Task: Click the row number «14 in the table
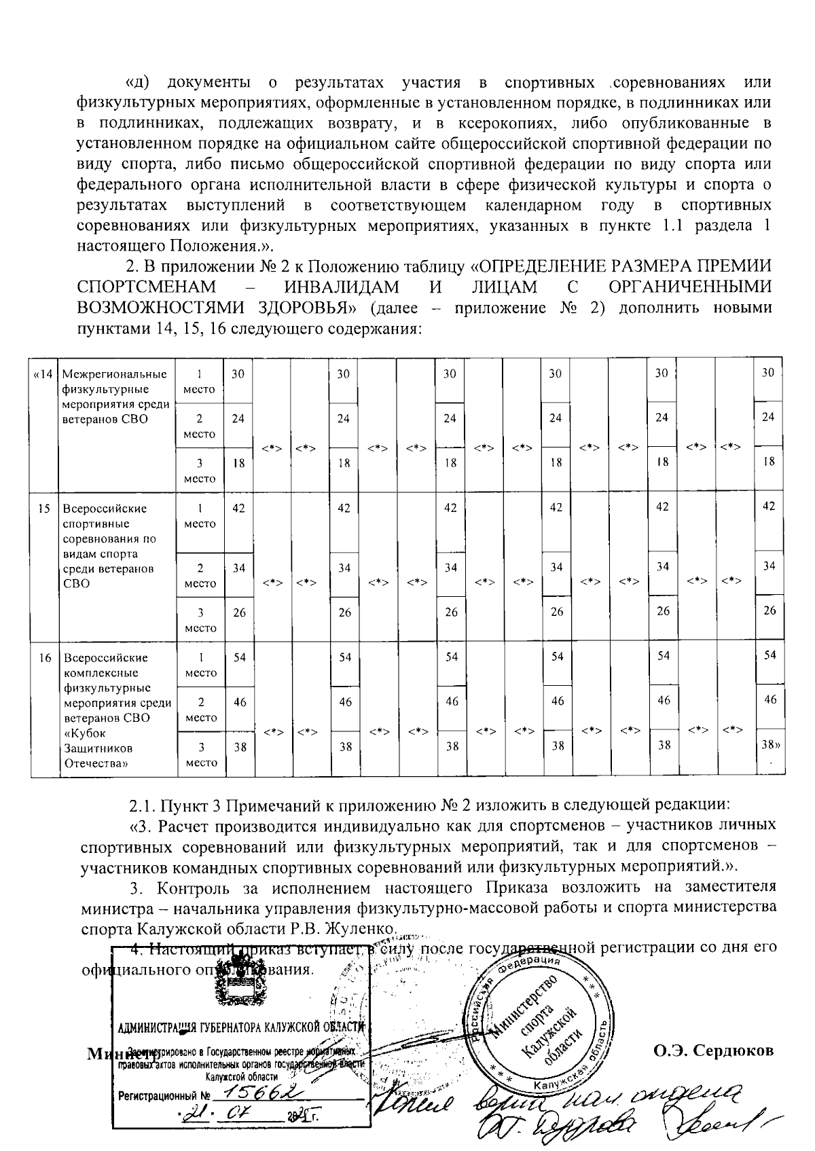43,374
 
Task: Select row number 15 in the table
44,508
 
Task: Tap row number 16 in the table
44,657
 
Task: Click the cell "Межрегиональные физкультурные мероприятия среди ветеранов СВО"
115,397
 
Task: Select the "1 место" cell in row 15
200,516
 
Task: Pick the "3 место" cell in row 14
200,471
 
